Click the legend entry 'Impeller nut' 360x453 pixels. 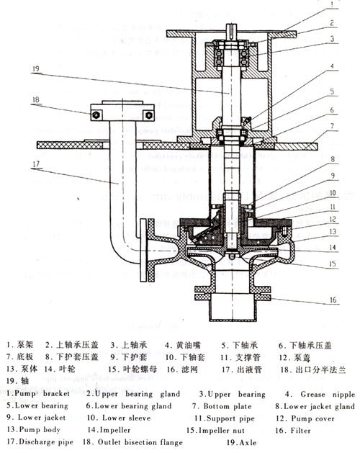[x=220, y=429]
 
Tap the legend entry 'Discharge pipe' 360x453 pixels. [x=48, y=441]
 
